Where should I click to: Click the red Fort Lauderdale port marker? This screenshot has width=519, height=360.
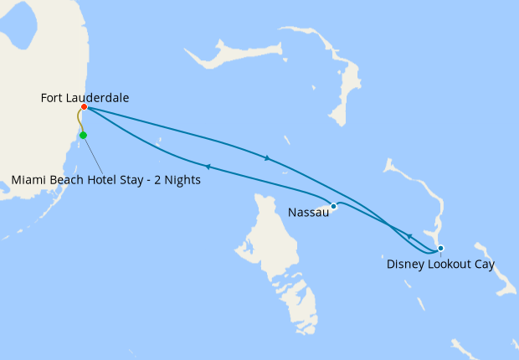[x=85, y=107]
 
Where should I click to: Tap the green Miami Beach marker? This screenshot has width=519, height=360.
[x=83, y=135]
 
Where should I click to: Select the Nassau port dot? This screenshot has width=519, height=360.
[x=333, y=206]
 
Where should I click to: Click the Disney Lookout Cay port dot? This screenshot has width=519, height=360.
[x=440, y=248]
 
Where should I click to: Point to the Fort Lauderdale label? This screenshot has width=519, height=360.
[x=85, y=98]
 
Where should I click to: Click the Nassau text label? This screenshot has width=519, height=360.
[x=307, y=213]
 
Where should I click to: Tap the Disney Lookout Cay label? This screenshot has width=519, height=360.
[x=440, y=265]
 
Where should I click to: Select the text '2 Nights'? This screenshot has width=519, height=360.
[x=177, y=180]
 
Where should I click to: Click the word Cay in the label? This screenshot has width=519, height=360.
[x=483, y=265]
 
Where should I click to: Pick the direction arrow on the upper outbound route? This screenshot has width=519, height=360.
[x=266, y=157]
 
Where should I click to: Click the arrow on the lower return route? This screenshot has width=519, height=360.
[x=207, y=167]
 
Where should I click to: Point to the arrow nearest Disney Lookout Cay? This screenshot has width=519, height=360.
[x=409, y=237]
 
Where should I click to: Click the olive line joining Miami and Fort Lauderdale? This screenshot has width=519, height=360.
[x=80, y=121]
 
